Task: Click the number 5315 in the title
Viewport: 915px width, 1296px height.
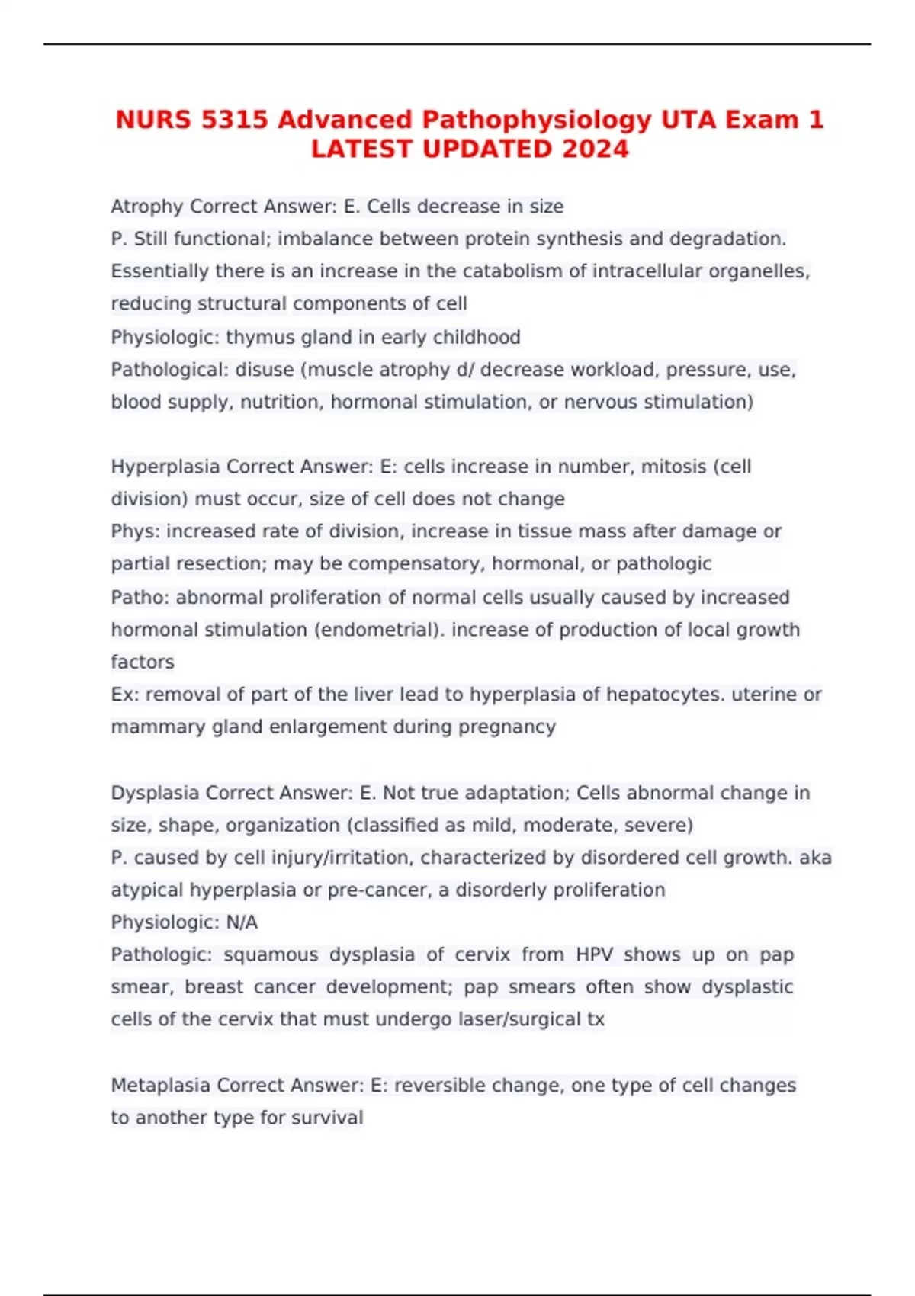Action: (x=235, y=120)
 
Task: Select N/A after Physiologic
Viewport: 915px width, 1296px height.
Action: (x=242, y=922)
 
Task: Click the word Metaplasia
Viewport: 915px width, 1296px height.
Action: (x=161, y=1085)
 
